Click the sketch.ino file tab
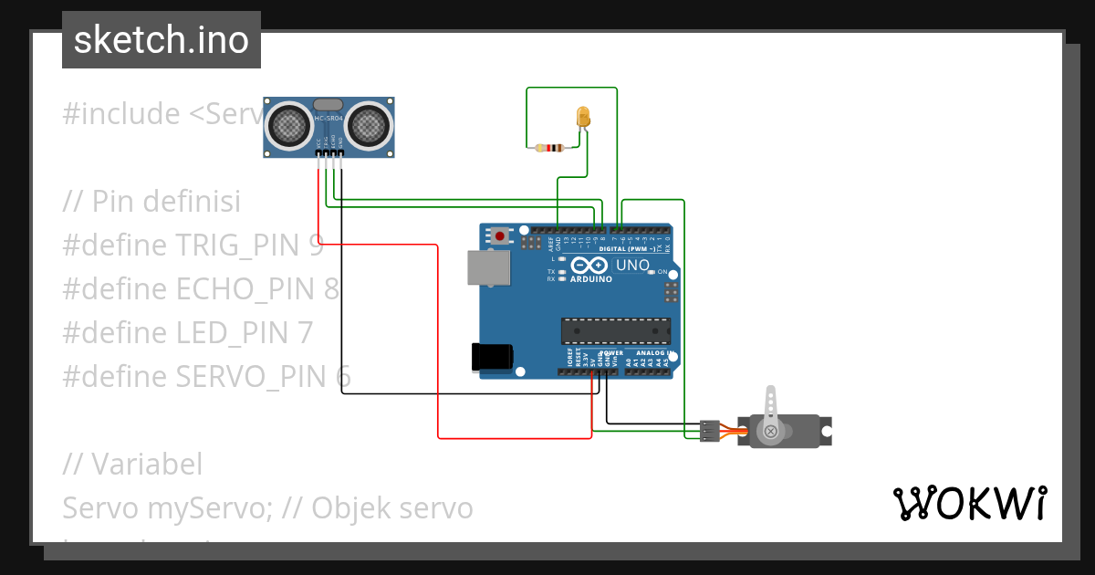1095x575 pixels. coord(161,40)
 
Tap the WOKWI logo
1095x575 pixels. coord(969,503)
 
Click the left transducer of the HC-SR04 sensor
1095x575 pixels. coord(288,123)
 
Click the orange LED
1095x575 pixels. coord(583,117)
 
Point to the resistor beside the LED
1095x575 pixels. coord(551,148)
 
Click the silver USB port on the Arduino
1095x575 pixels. coord(488,267)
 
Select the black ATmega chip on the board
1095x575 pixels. coord(615,330)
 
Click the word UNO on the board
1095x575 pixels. coord(632,266)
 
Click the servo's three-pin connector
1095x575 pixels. coord(709,431)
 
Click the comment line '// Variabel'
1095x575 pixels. coord(133,464)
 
